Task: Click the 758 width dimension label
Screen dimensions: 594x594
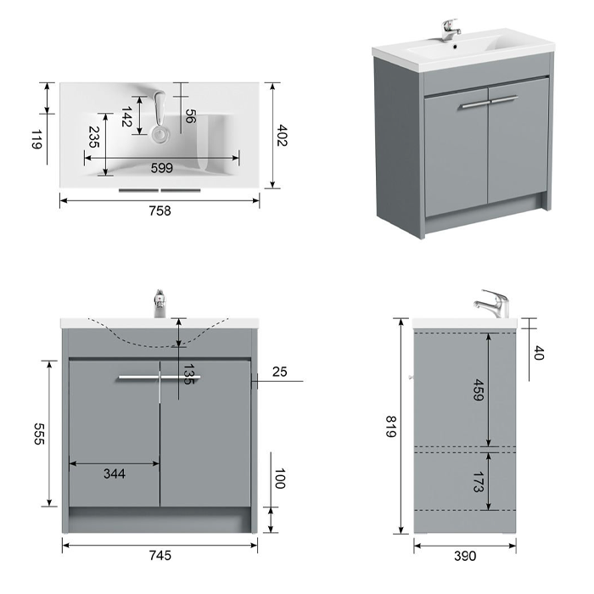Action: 160,210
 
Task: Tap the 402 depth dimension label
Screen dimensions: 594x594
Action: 283,135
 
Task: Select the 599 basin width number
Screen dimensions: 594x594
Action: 162,168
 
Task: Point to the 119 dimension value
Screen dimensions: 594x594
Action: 36,139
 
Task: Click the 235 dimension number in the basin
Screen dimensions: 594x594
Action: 94,137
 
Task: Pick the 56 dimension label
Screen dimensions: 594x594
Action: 191,116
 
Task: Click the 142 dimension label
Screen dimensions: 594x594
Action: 126,117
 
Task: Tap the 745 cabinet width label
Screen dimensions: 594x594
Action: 160,555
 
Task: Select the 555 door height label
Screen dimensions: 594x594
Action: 39,434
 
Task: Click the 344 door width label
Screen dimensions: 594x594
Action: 115,474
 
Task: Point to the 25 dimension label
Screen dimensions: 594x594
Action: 279,372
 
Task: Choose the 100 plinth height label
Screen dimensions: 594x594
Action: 280,479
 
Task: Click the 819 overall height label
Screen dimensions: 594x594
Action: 391,426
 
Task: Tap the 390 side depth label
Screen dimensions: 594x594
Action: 465,556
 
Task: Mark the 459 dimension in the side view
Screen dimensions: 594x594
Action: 479,389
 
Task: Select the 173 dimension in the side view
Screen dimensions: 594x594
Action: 479,482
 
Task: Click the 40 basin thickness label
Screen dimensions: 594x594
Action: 538,353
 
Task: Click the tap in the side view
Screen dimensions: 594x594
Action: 491,304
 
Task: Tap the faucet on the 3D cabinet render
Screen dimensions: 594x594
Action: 451,30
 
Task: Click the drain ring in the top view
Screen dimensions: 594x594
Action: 160,134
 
